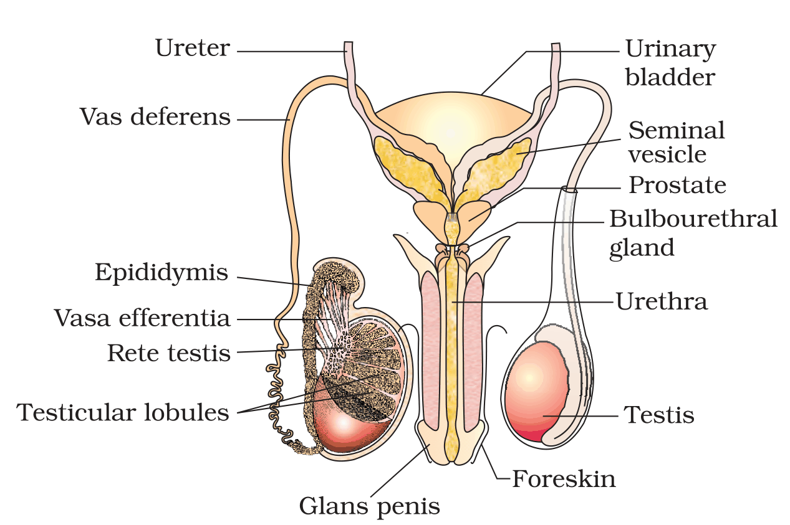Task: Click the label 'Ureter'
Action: point(193,49)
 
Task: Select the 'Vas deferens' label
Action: point(155,116)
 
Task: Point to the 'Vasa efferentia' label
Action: point(142,318)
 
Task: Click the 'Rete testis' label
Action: point(168,352)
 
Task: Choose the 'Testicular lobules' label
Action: point(123,412)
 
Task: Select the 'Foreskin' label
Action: point(564,479)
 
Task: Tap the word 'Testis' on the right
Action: point(659,415)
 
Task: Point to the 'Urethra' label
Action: point(662,302)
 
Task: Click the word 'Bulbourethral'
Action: point(693,219)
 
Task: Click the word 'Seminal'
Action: point(677,130)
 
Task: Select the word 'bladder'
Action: point(670,77)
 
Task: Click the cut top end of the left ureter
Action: point(348,43)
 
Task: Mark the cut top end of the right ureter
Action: point(556,45)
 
